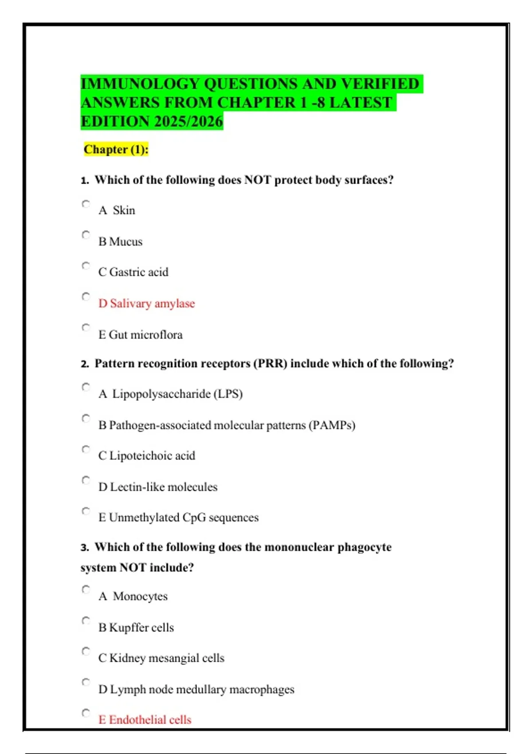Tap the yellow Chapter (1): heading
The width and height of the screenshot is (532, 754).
pos(116,149)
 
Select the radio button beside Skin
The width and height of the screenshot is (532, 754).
pos(86,204)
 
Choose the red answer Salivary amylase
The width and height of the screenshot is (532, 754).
pos(147,303)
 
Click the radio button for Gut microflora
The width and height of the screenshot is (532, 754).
pos(86,328)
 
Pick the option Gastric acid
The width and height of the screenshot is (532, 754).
pos(133,272)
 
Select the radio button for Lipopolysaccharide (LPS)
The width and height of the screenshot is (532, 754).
pos(86,387)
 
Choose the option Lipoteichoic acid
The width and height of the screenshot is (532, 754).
pos(147,456)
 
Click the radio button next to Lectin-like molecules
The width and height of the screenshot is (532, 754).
pos(86,480)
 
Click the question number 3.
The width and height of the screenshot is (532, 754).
pos(85,548)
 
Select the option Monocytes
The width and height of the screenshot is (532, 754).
pos(140,597)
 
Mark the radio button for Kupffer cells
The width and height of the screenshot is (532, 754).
pos(86,620)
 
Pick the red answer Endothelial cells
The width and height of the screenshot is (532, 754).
pos(145,720)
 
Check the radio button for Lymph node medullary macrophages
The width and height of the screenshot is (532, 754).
pos(86,682)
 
